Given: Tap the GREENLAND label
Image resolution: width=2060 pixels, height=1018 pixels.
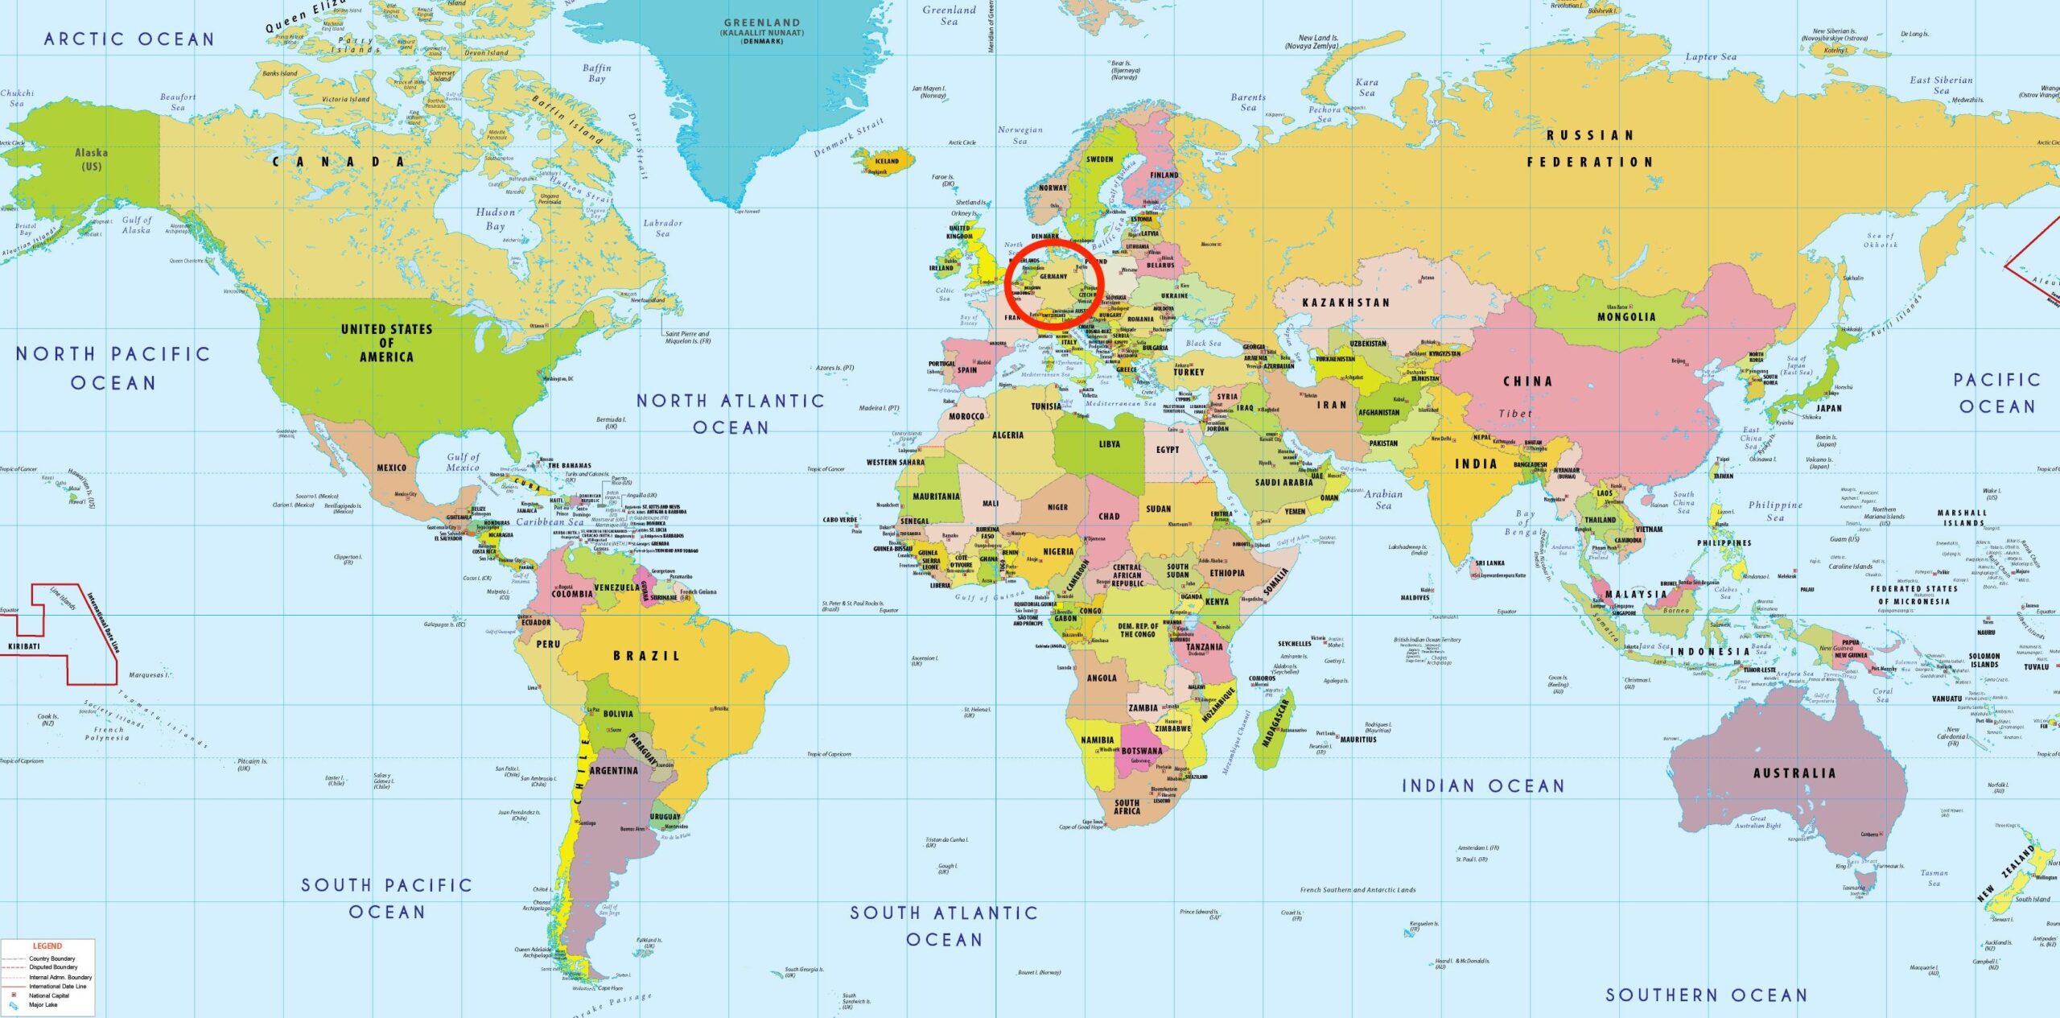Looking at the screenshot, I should (x=761, y=23).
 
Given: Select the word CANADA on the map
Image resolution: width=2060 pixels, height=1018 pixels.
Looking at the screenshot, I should (x=338, y=162).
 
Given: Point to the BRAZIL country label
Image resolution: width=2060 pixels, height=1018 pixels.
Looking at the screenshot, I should (x=646, y=656).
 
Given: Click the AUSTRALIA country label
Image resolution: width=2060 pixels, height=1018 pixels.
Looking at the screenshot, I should (x=1794, y=773).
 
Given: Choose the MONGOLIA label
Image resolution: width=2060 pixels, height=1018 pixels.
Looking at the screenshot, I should (x=1626, y=317).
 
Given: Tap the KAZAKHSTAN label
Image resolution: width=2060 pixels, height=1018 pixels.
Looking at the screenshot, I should (x=1345, y=303).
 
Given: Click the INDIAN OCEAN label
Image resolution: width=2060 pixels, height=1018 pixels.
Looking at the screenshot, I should (x=1483, y=785).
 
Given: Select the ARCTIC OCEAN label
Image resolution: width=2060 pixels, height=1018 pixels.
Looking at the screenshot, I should (x=129, y=39).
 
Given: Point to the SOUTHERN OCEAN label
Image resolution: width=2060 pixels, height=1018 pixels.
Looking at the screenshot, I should (x=1706, y=995).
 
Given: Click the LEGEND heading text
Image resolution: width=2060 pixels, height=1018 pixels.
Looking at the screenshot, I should (x=47, y=946).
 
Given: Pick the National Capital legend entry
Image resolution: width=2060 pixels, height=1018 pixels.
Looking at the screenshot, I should (x=49, y=995).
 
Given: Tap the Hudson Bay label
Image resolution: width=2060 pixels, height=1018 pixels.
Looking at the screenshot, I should (x=495, y=219).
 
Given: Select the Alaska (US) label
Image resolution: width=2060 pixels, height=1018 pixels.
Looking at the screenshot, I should (x=91, y=159).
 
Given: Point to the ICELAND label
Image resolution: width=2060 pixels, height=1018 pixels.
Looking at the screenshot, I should (x=887, y=161).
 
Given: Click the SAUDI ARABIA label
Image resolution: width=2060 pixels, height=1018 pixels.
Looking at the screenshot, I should (x=1283, y=483).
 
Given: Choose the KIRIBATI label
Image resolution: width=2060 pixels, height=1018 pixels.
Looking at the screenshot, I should (x=23, y=646).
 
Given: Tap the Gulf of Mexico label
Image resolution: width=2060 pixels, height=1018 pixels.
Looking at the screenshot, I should (x=463, y=462).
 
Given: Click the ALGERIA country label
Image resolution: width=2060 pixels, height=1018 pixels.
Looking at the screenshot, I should (x=1007, y=435).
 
